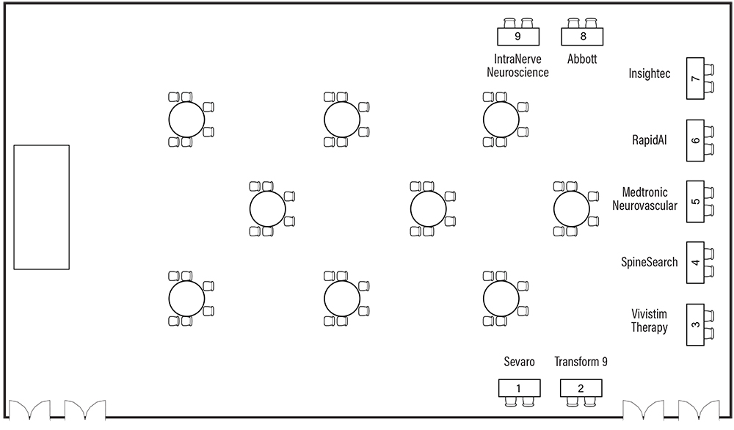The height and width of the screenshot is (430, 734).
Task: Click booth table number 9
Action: (x=518, y=36)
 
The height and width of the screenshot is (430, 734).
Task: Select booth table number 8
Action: (x=583, y=36)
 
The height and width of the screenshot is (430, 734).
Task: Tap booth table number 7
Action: (x=695, y=79)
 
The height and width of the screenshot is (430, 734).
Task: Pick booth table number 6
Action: (x=695, y=140)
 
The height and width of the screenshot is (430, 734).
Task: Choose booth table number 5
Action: (x=695, y=201)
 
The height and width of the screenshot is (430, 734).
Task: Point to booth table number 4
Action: (x=695, y=263)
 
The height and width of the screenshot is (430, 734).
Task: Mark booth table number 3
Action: (x=695, y=324)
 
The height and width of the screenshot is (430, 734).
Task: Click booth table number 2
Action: (x=581, y=388)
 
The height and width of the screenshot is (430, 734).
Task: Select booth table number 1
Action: (x=519, y=388)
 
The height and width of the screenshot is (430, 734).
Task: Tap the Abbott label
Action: (x=582, y=59)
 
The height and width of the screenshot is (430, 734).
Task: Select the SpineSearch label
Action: (x=650, y=262)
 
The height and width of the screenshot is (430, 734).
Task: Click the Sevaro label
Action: (x=519, y=362)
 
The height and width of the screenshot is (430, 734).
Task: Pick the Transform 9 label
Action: (x=581, y=362)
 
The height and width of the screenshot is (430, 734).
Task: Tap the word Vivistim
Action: (x=650, y=314)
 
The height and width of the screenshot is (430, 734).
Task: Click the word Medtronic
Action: (x=644, y=193)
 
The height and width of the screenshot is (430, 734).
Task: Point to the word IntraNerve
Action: (x=522, y=59)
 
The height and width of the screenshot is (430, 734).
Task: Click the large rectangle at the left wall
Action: (x=41, y=208)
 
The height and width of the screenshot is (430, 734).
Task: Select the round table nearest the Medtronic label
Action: (x=572, y=209)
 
